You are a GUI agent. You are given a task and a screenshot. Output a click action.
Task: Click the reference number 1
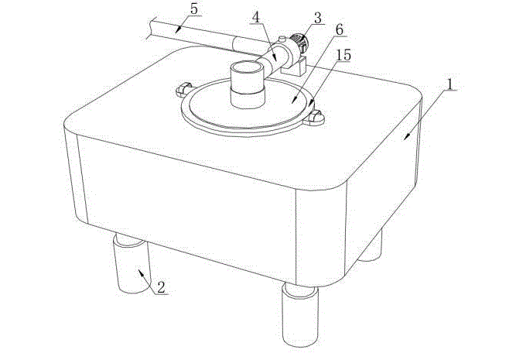450,84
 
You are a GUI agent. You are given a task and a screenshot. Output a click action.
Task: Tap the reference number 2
161,287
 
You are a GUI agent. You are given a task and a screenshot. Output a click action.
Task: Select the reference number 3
317,18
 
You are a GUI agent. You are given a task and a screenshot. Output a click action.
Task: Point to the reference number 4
256,18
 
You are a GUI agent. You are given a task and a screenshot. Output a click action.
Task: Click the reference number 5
194,9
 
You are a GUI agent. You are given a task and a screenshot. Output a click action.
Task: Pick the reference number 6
340,29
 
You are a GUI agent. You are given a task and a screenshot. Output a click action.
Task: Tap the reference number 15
343,55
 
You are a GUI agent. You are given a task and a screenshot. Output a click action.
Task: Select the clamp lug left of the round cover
183,90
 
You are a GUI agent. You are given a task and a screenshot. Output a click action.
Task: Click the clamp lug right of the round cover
314,118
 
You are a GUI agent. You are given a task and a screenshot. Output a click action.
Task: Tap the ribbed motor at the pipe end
299,43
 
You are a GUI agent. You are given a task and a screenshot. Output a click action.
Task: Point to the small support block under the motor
295,67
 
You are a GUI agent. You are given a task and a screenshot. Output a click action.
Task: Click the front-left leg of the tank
131,263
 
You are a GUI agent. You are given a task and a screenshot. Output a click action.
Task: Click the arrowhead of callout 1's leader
407,137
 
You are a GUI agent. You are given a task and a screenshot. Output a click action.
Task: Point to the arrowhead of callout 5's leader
177,30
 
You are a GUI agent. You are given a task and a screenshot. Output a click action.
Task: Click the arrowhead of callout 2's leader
141,273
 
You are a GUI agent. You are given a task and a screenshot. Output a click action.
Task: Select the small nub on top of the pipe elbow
282,39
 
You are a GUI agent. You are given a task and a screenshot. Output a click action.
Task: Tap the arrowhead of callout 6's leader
295,99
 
